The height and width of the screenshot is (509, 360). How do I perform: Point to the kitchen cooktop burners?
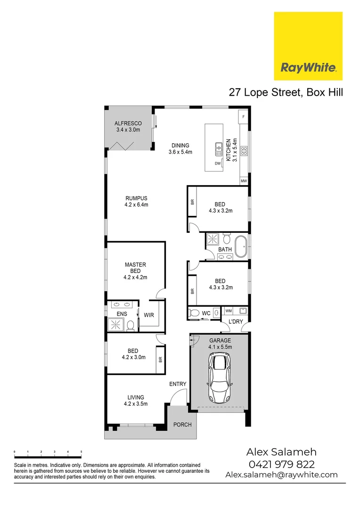(244, 151)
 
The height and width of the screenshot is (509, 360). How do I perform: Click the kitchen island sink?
(218, 149)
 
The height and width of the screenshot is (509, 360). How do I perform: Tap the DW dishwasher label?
(218, 164)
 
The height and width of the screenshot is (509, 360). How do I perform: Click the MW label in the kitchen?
(244, 181)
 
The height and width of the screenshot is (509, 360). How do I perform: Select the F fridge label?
(244, 116)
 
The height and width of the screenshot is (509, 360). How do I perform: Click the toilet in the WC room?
(194, 312)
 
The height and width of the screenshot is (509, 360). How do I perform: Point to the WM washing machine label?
(229, 311)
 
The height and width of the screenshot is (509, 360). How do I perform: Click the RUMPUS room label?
(136, 198)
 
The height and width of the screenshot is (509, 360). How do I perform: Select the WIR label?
(149, 314)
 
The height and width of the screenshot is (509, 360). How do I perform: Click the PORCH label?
(182, 425)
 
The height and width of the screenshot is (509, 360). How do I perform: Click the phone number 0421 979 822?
(281, 464)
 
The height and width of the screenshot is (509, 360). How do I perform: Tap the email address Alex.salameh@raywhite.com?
(281, 475)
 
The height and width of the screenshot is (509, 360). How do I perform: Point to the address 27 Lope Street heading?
(285, 92)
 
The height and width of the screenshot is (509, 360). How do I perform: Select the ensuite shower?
(115, 324)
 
